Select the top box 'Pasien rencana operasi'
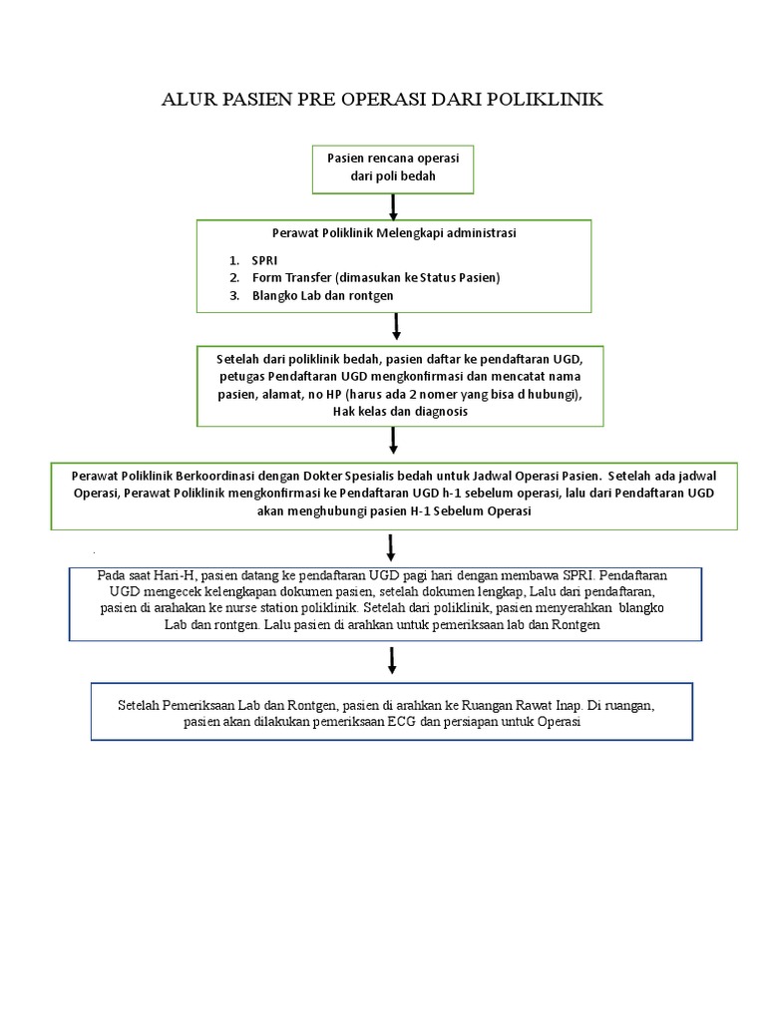tap(393, 168)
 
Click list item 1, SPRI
tap(264, 259)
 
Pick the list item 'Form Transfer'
tap(292, 277)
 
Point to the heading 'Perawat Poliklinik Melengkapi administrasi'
tap(394, 233)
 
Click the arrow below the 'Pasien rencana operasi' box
tap(394, 206)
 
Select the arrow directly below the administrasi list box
tap(397, 326)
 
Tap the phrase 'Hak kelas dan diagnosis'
tap(399, 412)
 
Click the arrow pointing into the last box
tap(392, 659)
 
